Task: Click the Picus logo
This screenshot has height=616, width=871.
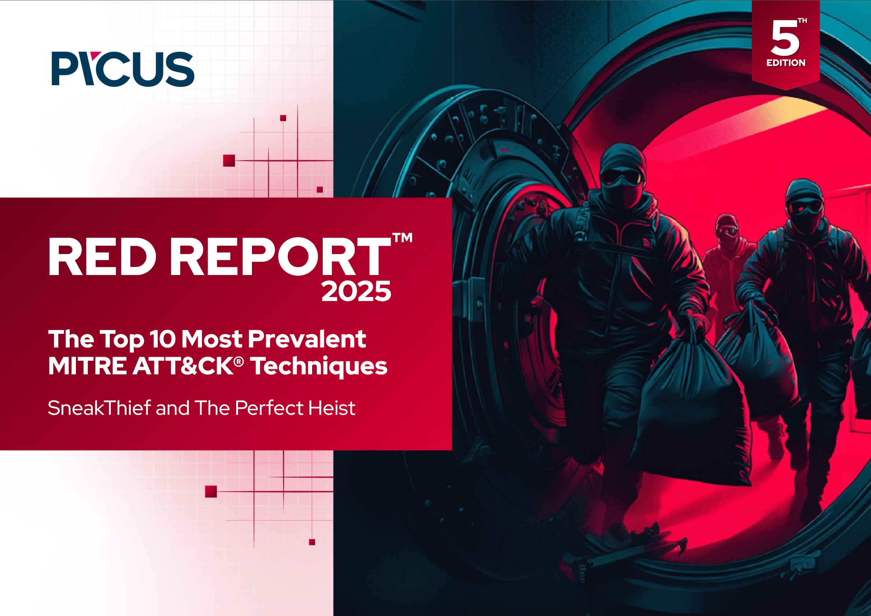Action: coord(123,69)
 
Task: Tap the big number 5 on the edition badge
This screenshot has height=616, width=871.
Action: coord(784,38)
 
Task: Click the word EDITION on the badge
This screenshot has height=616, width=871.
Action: coord(786,63)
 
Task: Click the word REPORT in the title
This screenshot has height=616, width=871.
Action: coord(280,257)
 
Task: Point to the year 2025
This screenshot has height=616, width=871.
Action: coord(356,291)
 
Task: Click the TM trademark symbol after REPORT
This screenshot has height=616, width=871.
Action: coord(402,238)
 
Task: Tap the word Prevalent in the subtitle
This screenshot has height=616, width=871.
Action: coord(307,339)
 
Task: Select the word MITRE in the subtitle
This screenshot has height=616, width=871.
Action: coord(87,366)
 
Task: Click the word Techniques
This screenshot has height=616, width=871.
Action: coord(319,366)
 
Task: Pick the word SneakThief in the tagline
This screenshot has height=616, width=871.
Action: coord(99,408)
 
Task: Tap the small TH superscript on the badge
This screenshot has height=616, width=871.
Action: coord(802,21)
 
